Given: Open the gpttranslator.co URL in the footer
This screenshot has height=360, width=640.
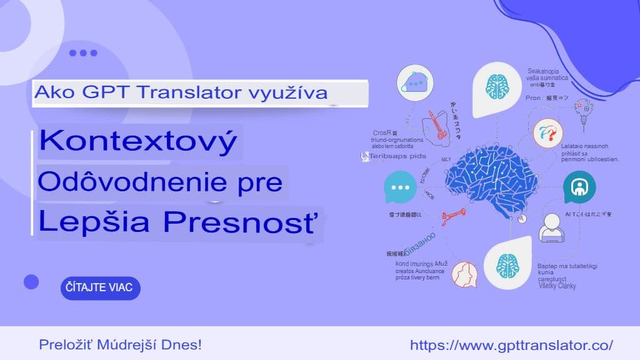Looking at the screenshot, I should [x=511, y=344].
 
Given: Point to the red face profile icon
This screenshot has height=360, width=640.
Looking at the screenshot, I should [x=464, y=274].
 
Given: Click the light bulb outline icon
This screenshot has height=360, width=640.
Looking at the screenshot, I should [x=586, y=110].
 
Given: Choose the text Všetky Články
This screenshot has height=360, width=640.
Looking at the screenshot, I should [x=557, y=286].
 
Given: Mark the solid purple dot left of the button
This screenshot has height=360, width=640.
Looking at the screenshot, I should [x=31, y=282].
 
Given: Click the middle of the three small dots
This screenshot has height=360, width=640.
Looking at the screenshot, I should [x=83, y=53].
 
